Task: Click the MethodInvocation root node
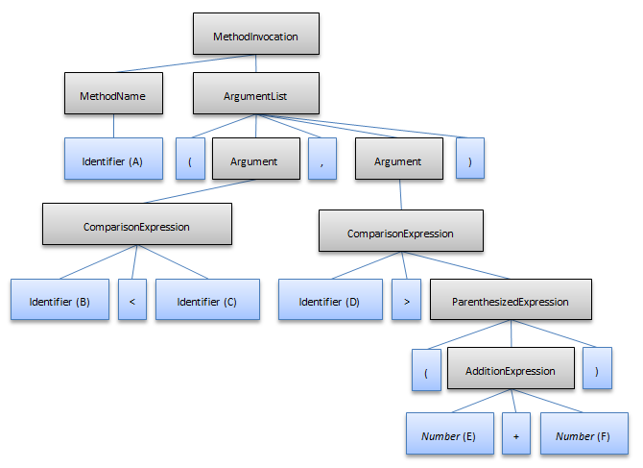[255, 37]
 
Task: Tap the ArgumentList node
[255, 96]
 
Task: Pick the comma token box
[322, 160]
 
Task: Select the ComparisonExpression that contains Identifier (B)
[136, 228]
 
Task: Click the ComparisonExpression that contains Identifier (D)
[400, 233]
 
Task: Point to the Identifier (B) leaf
[60, 301]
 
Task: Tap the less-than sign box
[131, 301]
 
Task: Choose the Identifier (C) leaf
[207, 301]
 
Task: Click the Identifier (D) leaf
[328, 301]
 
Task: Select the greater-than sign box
[406, 301]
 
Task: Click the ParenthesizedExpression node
[510, 301]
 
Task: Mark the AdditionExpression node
[510, 370]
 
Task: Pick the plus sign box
[515, 435]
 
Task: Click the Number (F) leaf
[583, 435]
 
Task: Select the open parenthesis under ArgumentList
[190, 160]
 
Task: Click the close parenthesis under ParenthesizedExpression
[597, 370]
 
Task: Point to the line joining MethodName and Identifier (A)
[113, 126]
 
